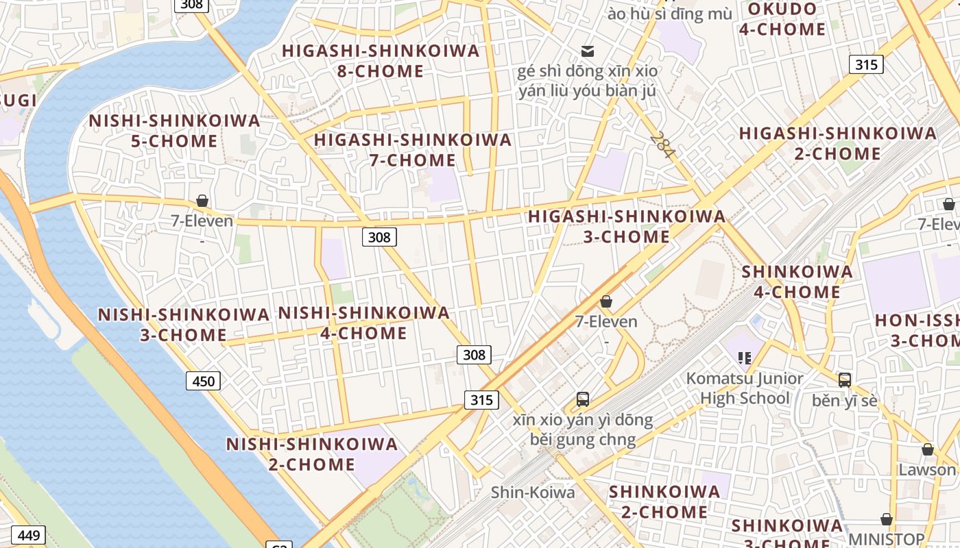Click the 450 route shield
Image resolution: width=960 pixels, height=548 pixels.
pos(204,381)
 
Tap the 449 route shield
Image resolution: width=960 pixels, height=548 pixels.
pos(29,535)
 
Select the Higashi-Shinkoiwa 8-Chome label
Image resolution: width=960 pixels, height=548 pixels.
pos(381,61)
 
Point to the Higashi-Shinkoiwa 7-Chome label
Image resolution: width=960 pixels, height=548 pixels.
pos(413,150)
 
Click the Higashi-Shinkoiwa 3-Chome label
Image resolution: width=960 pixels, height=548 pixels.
pos(627,227)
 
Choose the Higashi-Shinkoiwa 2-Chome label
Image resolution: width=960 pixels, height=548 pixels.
pos(837,143)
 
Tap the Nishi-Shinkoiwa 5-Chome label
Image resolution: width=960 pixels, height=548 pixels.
pos(174,131)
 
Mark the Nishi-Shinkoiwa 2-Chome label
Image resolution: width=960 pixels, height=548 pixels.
pos(312,454)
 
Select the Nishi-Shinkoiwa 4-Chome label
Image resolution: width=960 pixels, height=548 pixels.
pos(363,323)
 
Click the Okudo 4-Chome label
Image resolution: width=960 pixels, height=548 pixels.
pos(782,19)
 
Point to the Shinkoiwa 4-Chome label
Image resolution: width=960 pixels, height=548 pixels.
pos(797,282)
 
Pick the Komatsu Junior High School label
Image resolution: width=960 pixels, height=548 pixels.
pos(745,388)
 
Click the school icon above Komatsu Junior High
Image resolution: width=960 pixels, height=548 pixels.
pos(745,358)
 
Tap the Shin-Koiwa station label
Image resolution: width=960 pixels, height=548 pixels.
pos(533,492)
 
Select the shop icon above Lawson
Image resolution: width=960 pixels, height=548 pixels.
pos(928,449)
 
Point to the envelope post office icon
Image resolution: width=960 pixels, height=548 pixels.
pos(588,51)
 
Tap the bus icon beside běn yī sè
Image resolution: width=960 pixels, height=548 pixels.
pos(845,379)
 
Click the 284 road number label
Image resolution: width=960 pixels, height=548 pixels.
pos(662,145)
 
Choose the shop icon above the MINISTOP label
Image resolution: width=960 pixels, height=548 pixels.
pos(887,519)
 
